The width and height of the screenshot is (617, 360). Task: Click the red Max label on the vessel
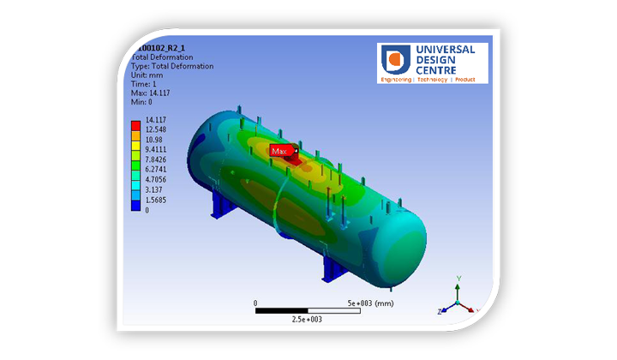pyautogui.click(x=279, y=151)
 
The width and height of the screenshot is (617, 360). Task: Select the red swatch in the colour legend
pyautogui.click(x=135, y=125)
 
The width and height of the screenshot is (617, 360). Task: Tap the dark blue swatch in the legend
pyautogui.click(x=135, y=205)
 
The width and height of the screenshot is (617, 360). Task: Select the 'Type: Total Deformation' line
pyautogui.click(x=171, y=66)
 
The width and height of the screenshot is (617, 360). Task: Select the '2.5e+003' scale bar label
pyautogui.click(x=306, y=319)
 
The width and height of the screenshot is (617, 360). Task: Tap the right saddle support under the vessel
pyautogui.click(x=332, y=267)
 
